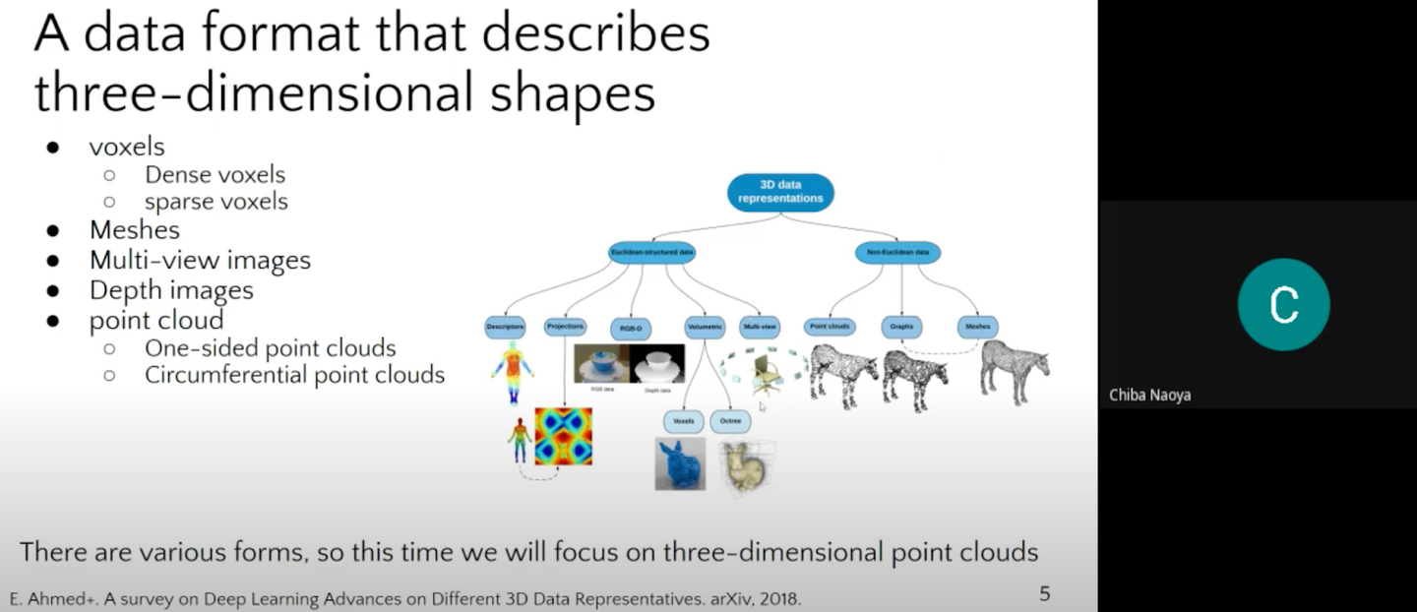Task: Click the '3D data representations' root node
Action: tap(780, 192)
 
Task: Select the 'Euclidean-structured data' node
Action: tap(651, 253)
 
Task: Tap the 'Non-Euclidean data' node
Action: tap(898, 253)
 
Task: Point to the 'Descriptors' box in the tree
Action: tap(505, 326)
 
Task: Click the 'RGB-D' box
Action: tap(630, 328)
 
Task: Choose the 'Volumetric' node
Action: tap(705, 326)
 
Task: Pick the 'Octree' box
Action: tap(730, 421)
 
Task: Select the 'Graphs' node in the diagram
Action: tap(901, 326)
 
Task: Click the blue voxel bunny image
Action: tap(680, 463)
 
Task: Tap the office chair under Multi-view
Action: tap(765, 374)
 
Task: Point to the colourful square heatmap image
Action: tap(564, 436)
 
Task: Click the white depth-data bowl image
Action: tap(657, 364)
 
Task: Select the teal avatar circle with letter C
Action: tap(1283, 304)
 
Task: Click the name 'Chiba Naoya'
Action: tap(1150, 396)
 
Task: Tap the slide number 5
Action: tap(1045, 593)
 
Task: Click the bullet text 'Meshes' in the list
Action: tap(135, 230)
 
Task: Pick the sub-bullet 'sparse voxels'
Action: tap(216, 202)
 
